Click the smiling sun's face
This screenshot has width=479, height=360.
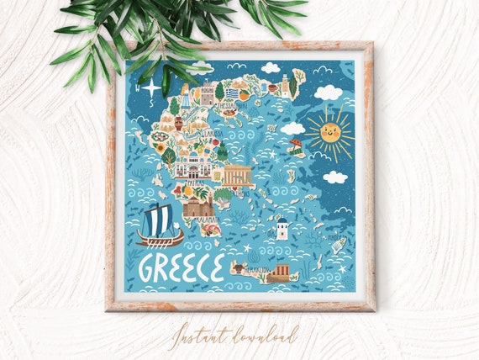[329, 132]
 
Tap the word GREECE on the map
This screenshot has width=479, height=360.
[181, 267]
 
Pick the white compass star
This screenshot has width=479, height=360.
[151, 87]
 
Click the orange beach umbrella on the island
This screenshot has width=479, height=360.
[295, 144]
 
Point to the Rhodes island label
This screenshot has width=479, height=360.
[337, 239]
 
